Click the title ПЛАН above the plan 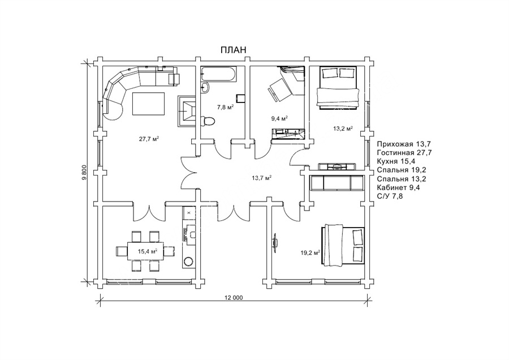point(234,50)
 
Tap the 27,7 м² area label point(149,139)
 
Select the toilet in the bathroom point(208,121)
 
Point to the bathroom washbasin point(205,87)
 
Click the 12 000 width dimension point(234,298)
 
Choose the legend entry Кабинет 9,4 point(398,187)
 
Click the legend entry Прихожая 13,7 point(404,144)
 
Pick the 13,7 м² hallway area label point(262,178)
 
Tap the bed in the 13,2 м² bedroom point(338,88)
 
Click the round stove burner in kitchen point(188,261)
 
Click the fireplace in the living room point(186,112)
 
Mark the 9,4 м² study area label point(280,118)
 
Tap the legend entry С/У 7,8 point(390,196)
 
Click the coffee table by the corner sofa point(148,104)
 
